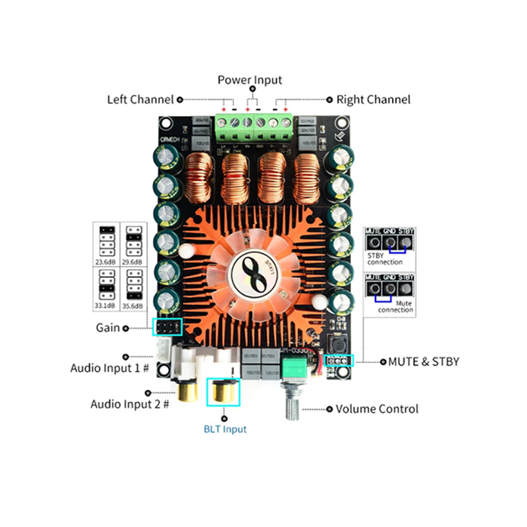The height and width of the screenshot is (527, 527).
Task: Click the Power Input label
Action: point(250,80)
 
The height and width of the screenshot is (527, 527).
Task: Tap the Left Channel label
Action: point(140,99)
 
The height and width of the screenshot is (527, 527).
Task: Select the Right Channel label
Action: point(373,99)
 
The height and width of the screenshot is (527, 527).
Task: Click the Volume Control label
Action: point(377,409)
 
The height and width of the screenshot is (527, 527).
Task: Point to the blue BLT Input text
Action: point(225,430)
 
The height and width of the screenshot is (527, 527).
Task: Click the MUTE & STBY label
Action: point(424,361)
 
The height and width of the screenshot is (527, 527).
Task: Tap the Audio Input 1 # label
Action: point(111,368)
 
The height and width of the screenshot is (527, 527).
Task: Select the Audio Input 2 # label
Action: point(130,404)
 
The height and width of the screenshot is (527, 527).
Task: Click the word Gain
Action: point(108,327)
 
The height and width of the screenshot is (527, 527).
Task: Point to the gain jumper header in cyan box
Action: point(167,327)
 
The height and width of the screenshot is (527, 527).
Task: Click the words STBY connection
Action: point(385,258)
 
